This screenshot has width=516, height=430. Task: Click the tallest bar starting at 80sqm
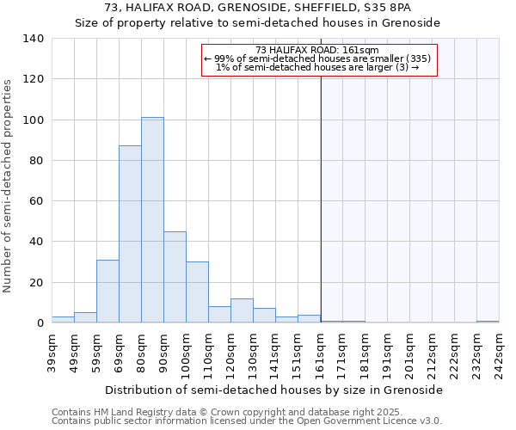click(152, 220)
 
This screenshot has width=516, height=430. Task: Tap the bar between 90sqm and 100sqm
click(175, 277)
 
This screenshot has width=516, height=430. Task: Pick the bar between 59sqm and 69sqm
click(107, 292)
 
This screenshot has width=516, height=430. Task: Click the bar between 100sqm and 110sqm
click(197, 292)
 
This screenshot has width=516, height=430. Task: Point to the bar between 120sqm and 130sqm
click(242, 310)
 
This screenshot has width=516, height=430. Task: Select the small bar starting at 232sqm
click(488, 322)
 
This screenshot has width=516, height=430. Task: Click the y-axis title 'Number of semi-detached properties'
click(9, 185)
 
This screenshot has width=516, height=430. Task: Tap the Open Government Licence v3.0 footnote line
click(246, 421)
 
